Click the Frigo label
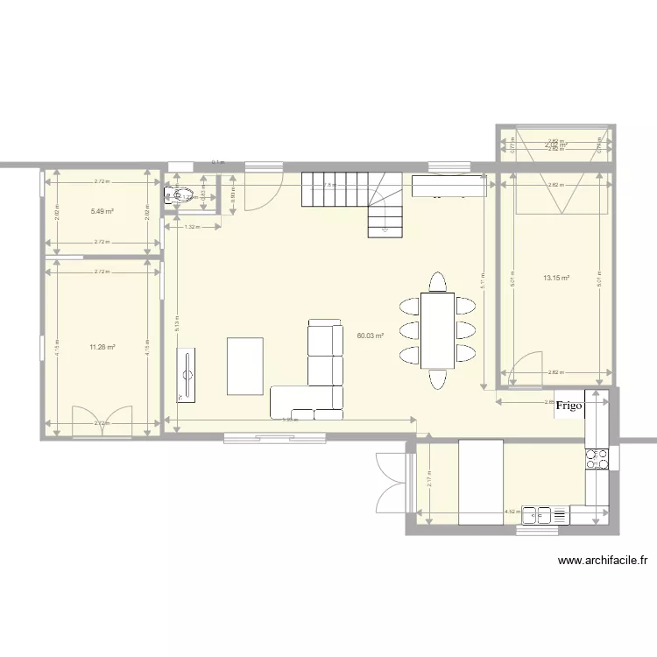[x=569, y=406]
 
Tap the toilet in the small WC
[x=177, y=195]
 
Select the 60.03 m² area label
[x=371, y=335]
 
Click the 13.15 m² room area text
[x=556, y=279]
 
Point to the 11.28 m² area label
[x=102, y=348]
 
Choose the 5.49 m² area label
[x=102, y=212]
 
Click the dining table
[x=437, y=330]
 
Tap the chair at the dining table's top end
[x=436, y=282]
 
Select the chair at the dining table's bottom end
[x=436, y=378]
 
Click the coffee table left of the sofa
[x=245, y=365]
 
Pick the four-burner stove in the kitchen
[x=597, y=458]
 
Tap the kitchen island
[x=481, y=482]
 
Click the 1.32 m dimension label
[x=191, y=227]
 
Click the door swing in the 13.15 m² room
[x=523, y=370]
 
